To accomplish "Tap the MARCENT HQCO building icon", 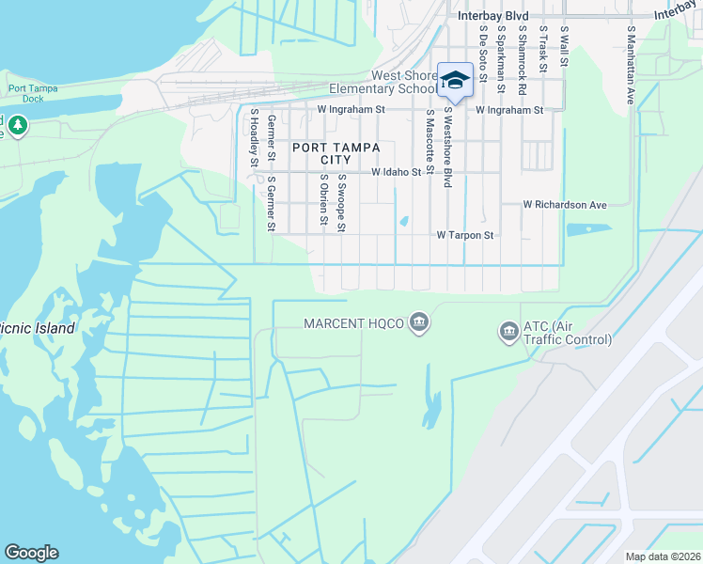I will tap(419, 324).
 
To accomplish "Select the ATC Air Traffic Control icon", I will tap(508, 331).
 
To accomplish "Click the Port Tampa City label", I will tap(336, 153).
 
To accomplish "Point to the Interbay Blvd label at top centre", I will tap(492, 16).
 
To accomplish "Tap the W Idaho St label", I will tap(396, 173).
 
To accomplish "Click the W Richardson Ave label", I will tap(565, 205).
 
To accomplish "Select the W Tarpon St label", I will tap(465, 236).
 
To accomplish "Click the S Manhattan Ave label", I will tap(632, 64).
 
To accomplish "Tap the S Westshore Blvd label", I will tap(448, 147).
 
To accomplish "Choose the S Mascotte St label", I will tap(430, 142).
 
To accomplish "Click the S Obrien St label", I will tap(322, 200).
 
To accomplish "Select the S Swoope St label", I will tap(341, 202).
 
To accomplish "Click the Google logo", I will tap(31, 553).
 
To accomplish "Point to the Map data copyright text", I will tap(663, 556).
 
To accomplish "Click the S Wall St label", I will tap(565, 46).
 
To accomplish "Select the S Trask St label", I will tap(543, 48).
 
